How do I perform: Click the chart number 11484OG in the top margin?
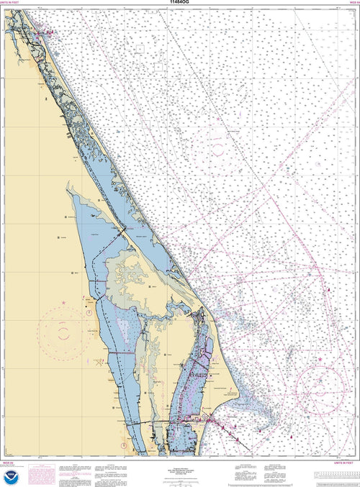coord(180,4)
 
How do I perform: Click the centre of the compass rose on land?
coord(64,332)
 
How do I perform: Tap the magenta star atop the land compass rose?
coord(64,303)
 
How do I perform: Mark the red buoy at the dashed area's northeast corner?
coord(330,288)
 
